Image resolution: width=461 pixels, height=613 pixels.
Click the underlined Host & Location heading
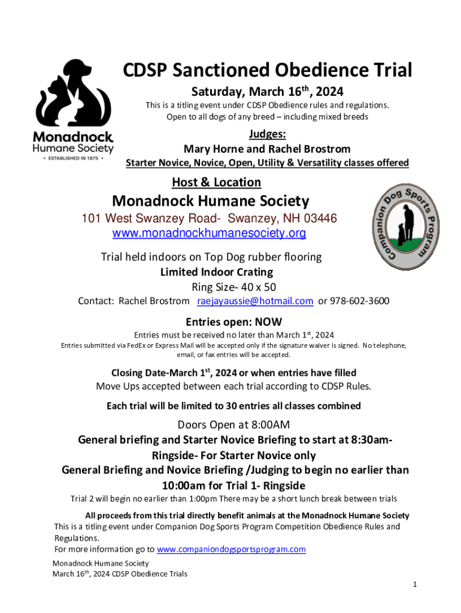[x=216, y=182]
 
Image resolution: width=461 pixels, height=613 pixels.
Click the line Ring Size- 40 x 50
[x=233, y=287]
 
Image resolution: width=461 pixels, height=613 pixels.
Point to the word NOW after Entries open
[x=268, y=321]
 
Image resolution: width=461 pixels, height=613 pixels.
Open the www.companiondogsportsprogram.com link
[x=231, y=549]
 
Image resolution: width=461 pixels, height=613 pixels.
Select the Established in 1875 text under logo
[x=73, y=159]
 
